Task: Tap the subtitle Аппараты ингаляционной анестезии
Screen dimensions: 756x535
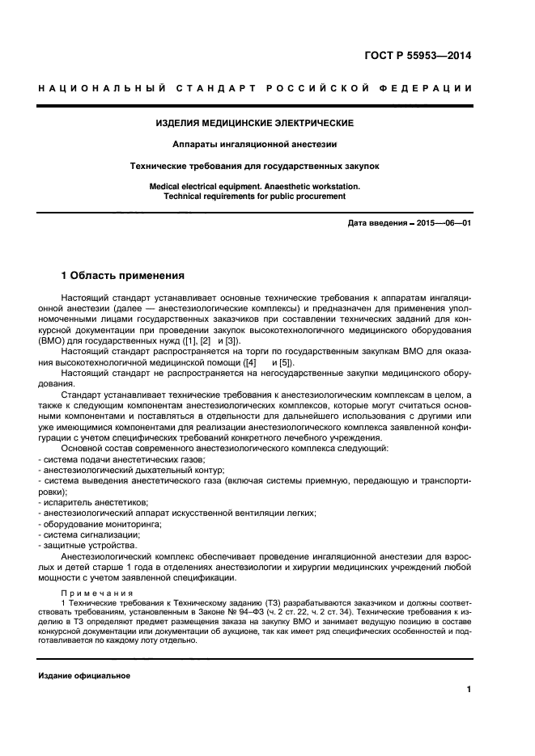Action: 255,144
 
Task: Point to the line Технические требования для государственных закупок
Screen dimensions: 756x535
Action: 255,166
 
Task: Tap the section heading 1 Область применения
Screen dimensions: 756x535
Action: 124,275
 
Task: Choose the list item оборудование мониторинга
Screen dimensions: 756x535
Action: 102,524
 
